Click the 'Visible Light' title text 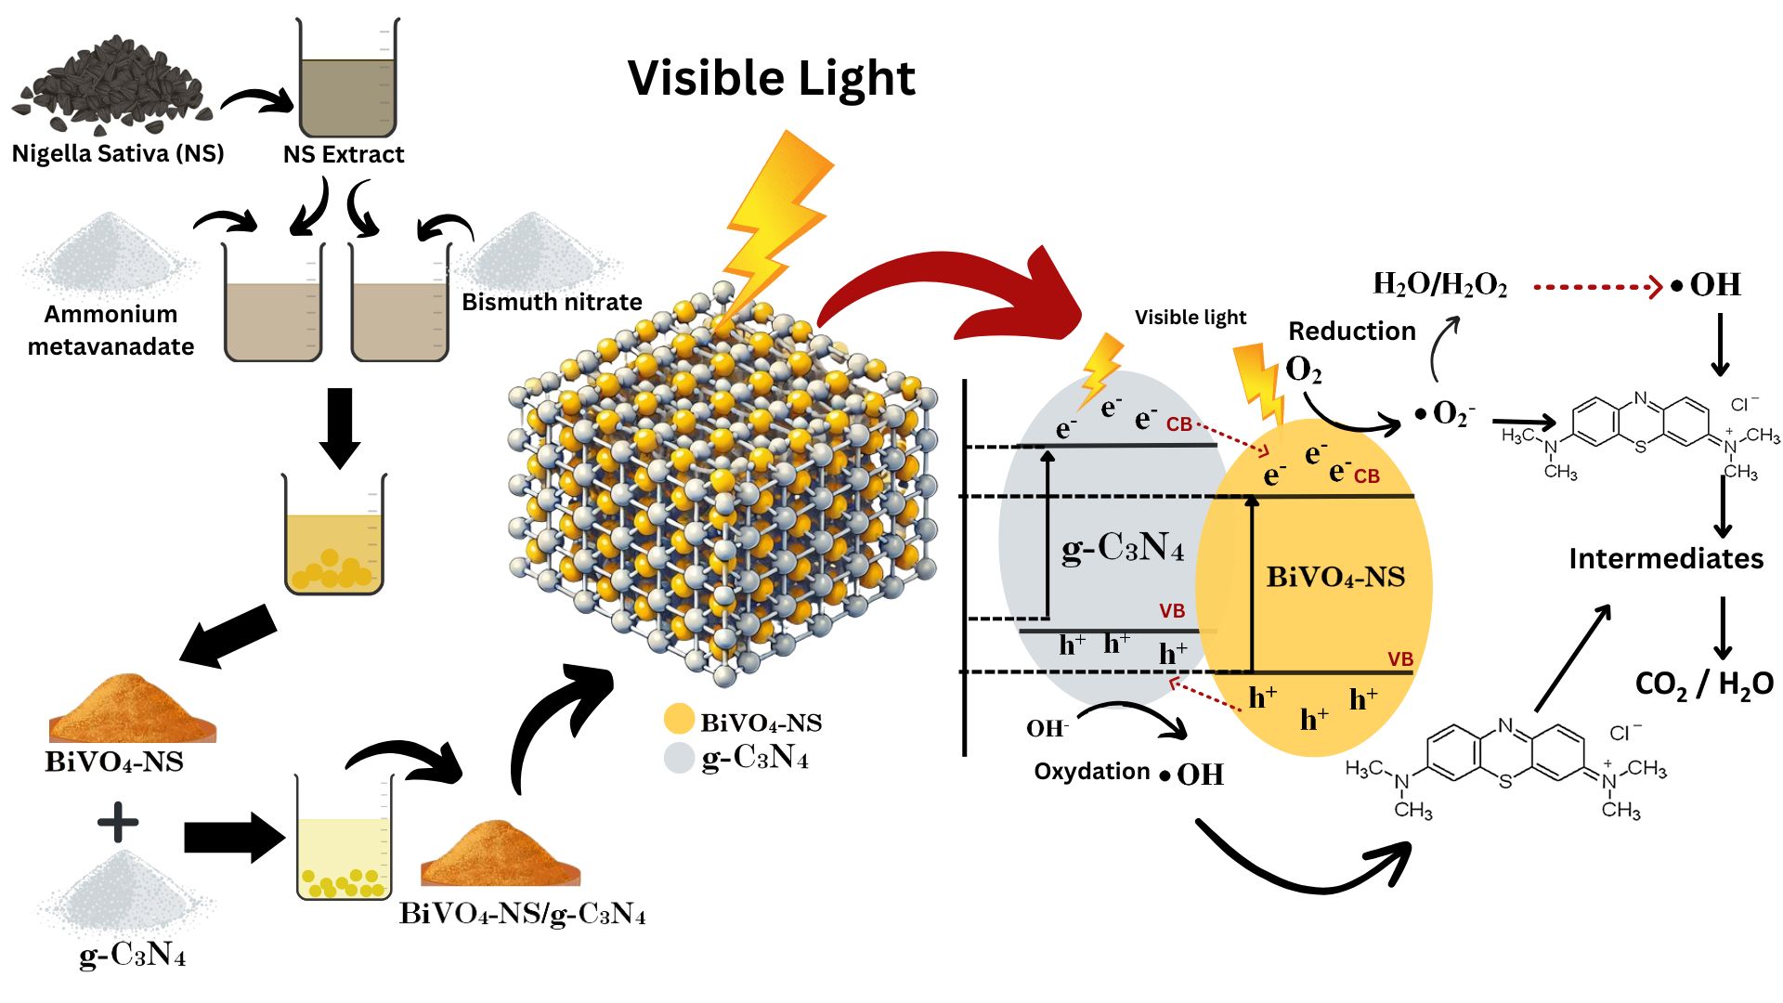coord(771,78)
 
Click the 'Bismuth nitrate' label coord(552,302)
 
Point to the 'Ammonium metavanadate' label coord(111,331)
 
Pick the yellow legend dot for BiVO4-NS coord(680,720)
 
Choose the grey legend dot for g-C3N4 coord(680,758)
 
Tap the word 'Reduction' coord(1351,332)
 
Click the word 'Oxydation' coord(1091,772)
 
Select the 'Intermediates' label coord(1666,559)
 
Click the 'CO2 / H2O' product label coord(1704,684)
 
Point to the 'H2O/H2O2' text coord(1439,285)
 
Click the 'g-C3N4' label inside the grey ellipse coord(1123,549)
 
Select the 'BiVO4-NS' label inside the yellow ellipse coord(1335,578)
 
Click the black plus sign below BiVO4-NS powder coord(118,823)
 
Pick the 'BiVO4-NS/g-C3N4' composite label coord(522,915)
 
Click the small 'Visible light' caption coord(1190,318)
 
